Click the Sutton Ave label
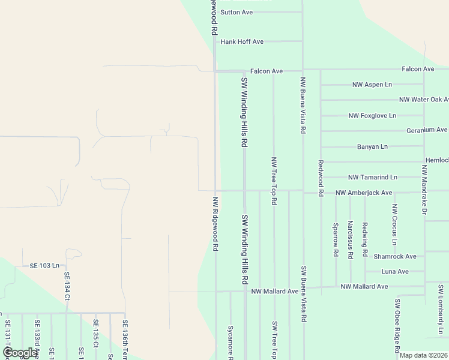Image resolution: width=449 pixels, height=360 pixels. (x=237, y=12)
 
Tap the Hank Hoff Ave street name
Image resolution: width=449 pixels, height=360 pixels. (x=242, y=41)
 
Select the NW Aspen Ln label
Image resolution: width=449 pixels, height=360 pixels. (x=372, y=85)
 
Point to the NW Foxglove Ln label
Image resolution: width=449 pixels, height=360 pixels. (x=372, y=115)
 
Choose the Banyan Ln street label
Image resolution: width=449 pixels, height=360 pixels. (x=372, y=146)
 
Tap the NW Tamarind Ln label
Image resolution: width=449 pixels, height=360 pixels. (x=373, y=178)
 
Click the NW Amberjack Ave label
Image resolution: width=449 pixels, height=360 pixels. (x=364, y=193)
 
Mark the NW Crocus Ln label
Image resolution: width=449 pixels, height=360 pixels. (x=394, y=224)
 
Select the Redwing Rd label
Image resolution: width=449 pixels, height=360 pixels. (x=365, y=239)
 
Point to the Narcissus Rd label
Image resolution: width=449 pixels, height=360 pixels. (x=350, y=239)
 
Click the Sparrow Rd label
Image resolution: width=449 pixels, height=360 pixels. (x=336, y=239)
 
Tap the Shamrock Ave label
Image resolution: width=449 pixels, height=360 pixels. (x=394, y=256)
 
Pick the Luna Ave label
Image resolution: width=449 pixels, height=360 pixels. (x=394, y=271)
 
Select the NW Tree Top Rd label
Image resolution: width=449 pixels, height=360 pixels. (x=274, y=181)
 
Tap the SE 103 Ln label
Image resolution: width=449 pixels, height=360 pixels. (x=45, y=265)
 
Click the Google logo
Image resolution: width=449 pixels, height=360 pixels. (x=20, y=353)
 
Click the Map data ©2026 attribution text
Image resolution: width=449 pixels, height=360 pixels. (x=423, y=355)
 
